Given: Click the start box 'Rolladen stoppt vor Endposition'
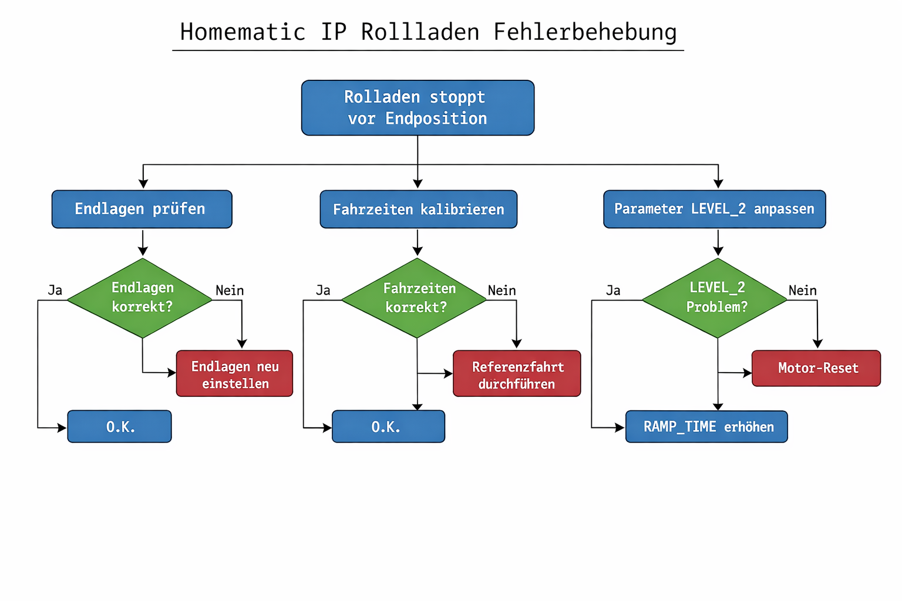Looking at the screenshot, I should pos(418,108).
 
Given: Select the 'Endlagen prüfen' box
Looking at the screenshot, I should pos(142,209).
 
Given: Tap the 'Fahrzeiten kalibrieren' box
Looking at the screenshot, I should pos(418,210).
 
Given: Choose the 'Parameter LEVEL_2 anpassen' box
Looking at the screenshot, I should pos(714,209).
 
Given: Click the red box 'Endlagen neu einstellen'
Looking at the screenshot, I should pos(234,374).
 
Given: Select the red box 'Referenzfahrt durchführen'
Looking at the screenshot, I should pos(517,374).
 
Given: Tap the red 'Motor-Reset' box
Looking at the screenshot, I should pos(816,369).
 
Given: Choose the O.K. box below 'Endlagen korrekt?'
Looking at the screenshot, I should pos(120,427).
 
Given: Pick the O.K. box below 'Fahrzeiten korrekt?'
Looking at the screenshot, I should pos(388,427).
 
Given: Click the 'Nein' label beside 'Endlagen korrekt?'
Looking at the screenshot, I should pos(230,291).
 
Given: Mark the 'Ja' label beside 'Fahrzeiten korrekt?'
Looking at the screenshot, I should pos(323,291).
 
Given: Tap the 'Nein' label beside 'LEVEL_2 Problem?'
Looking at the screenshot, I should pos(802,291).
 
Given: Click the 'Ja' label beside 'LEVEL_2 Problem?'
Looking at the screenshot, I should pos(613,291).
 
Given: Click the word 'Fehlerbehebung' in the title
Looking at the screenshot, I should pos(585,32).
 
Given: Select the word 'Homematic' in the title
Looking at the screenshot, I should pos(243,32).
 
